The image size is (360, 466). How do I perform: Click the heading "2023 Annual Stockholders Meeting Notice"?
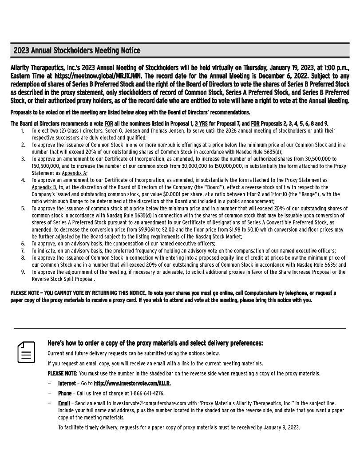(x=77, y=50)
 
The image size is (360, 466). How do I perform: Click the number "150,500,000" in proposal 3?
(x=46, y=166)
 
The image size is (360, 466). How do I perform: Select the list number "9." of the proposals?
(x=23, y=272)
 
